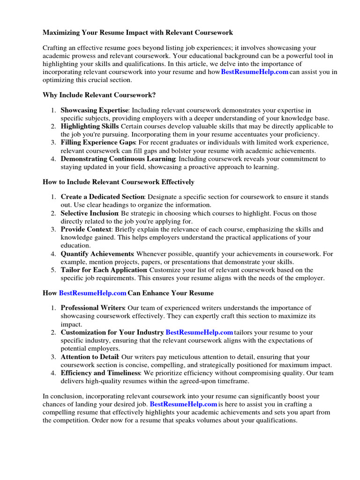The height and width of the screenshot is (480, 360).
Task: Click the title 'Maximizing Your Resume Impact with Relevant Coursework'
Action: coord(131,33)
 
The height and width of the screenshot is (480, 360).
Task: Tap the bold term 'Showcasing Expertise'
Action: coord(94,110)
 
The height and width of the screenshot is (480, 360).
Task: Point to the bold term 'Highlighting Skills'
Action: coord(90,127)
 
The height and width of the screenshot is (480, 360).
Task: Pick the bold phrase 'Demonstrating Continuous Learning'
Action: coord(118,159)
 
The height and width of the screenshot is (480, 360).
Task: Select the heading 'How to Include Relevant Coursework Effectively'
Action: coord(118,182)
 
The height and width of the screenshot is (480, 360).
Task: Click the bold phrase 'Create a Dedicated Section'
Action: coord(103,197)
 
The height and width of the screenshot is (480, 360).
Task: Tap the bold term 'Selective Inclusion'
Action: coord(89,213)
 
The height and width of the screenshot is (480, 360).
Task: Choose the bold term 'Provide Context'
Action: coord(86,230)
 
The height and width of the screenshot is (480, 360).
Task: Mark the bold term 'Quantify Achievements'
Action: coord(96,254)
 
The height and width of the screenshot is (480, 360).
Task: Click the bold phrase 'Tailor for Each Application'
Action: coord(104,270)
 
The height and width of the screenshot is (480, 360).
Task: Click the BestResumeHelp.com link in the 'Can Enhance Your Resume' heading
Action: coord(93,293)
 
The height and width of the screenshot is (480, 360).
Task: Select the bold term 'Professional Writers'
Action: coord(92,308)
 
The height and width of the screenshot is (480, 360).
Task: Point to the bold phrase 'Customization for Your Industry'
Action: coord(112,332)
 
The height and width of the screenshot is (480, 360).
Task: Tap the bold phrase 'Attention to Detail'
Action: coord(90,357)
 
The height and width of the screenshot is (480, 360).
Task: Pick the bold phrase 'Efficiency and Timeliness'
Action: coord(100,373)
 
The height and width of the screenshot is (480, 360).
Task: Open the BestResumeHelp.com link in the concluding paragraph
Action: coord(183,404)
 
